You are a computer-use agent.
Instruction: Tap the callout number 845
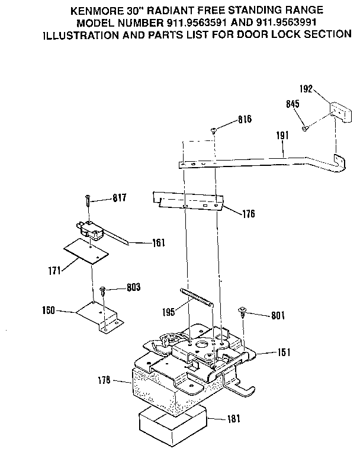(292, 104)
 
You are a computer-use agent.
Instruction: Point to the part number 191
(282, 136)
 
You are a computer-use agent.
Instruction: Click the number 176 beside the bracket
(247, 214)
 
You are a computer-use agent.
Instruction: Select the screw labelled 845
(304, 127)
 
